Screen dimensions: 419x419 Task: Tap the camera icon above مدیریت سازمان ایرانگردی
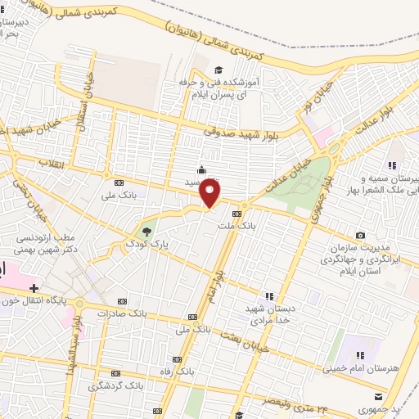click(360, 236)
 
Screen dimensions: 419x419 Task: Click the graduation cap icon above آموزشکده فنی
click(219, 69)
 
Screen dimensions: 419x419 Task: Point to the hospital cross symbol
click(34, 288)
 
